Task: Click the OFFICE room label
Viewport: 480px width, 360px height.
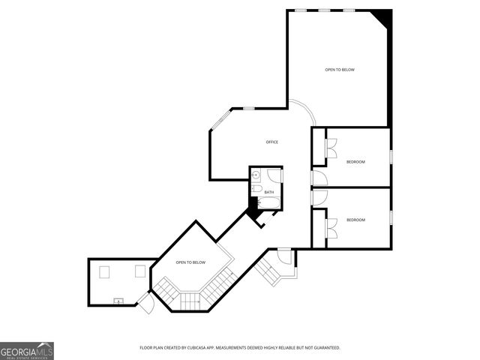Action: click(x=271, y=142)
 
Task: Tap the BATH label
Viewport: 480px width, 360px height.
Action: click(x=268, y=192)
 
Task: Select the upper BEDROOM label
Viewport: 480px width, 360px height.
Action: click(x=355, y=162)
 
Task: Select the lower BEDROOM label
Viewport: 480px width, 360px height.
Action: click(x=355, y=220)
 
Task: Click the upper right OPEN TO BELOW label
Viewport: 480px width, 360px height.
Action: click(x=339, y=70)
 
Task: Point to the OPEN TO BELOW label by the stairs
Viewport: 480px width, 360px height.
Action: click(x=190, y=262)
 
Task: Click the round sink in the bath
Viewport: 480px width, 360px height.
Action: click(x=256, y=176)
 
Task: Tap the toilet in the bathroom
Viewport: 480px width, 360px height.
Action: click(x=256, y=189)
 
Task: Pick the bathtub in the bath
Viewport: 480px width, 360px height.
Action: click(x=268, y=202)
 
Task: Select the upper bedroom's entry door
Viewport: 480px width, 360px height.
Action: click(x=319, y=178)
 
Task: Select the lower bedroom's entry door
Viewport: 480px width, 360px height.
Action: click(x=319, y=196)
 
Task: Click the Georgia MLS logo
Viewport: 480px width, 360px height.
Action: click(x=27, y=351)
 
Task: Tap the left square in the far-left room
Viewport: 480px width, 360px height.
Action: click(x=105, y=272)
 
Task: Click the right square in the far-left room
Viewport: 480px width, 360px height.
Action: click(x=139, y=271)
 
